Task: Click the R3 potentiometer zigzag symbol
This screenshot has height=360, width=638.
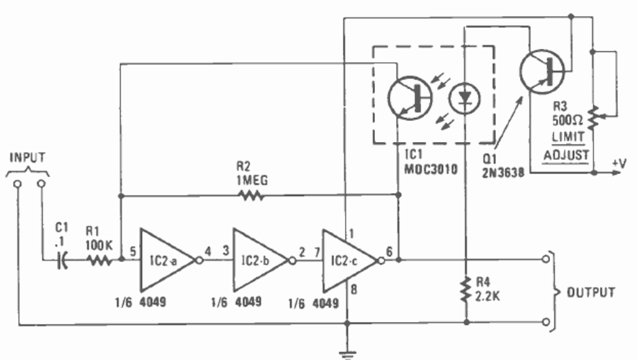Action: point(593,114)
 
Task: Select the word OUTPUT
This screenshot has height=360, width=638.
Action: point(590,293)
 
